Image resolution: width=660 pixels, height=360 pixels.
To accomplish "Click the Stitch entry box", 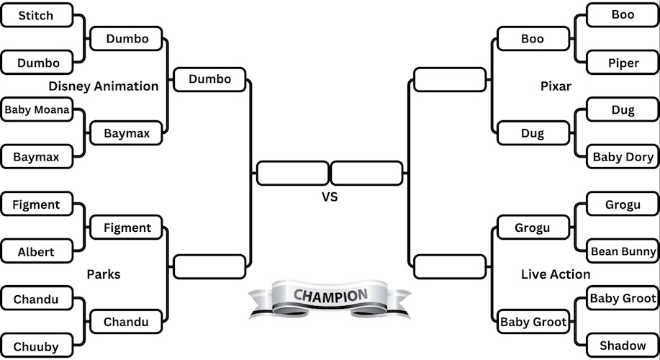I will [x=37, y=15].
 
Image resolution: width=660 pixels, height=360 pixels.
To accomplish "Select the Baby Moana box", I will [x=37, y=110].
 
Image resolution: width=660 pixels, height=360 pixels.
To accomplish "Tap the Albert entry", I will [x=37, y=252].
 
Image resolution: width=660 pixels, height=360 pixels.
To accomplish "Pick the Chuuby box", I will [x=37, y=346].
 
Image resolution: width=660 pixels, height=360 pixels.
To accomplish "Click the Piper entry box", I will [x=623, y=63].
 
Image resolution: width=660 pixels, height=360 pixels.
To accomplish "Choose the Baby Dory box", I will [x=623, y=157].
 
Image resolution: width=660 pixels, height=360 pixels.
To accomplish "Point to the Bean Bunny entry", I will [x=623, y=251].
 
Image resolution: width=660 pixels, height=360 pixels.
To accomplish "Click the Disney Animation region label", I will [x=104, y=86].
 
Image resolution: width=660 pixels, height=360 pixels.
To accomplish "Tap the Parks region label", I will [x=104, y=274].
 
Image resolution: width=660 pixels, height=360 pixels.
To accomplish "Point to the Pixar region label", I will [x=556, y=86].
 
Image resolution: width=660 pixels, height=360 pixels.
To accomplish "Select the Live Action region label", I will [x=556, y=274].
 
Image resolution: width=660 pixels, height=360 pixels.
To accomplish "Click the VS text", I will [x=330, y=197].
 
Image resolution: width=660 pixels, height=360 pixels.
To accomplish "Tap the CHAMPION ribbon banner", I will [x=330, y=297].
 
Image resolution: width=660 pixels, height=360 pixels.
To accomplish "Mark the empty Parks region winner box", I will [x=209, y=267].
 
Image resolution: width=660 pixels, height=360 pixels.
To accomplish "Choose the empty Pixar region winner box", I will [x=450, y=79].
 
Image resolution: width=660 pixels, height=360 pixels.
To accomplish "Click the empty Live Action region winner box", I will [x=450, y=267].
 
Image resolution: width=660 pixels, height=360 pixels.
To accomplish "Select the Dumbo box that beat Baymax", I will [x=209, y=79].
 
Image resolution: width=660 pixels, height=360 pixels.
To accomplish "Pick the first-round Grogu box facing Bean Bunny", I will [x=623, y=204].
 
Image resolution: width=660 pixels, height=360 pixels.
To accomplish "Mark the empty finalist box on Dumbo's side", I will [x=292, y=174].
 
